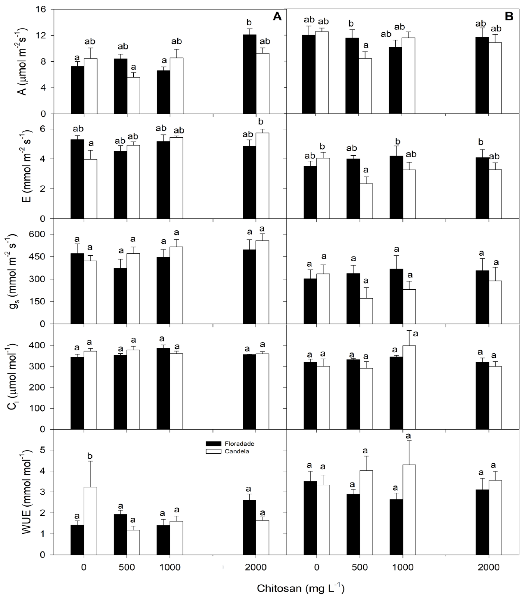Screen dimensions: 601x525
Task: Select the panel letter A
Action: coord(277,17)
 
